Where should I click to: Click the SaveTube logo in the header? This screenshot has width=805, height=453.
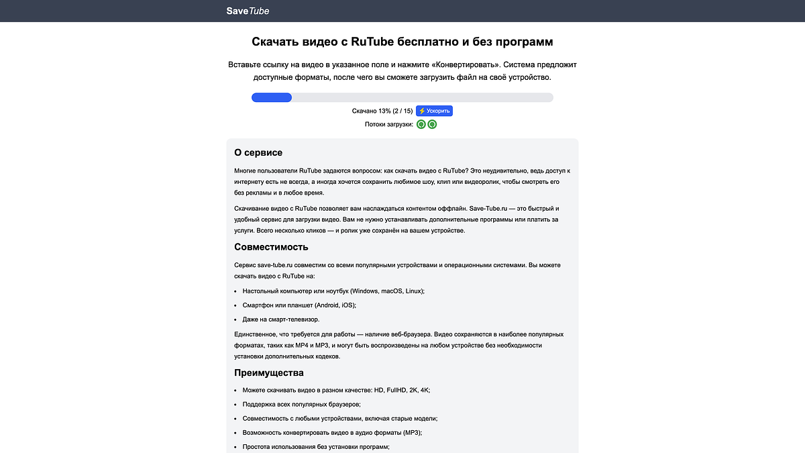tap(248, 11)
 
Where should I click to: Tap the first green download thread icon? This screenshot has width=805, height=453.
tap(421, 124)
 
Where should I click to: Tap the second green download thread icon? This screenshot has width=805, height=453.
tap(432, 124)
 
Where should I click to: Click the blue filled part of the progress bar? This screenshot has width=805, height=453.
tap(271, 97)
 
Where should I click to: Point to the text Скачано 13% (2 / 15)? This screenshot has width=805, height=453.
tap(382, 111)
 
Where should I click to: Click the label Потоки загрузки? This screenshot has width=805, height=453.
tap(389, 124)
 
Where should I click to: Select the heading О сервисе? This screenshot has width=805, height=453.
tap(258, 153)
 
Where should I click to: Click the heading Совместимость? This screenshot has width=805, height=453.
tap(271, 247)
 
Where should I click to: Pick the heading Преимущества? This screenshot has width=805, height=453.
tap(269, 372)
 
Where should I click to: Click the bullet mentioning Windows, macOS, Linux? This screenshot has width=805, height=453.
tap(333, 291)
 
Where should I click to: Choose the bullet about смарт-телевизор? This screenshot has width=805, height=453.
tap(281, 319)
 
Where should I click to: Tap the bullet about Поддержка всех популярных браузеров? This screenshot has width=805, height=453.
tap(302, 404)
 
